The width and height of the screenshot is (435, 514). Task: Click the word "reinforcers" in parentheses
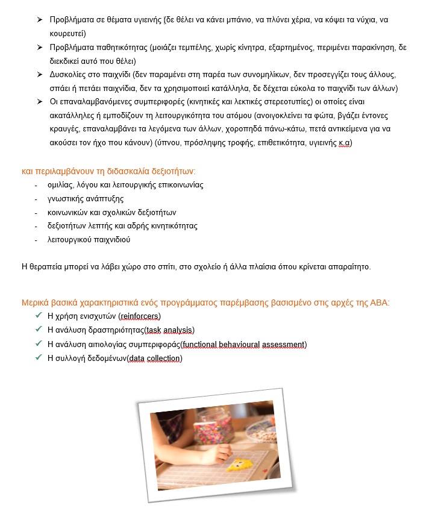[x=140, y=316]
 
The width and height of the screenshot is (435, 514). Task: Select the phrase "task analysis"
[x=169, y=330]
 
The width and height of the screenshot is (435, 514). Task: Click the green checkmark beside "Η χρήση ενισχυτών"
[x=39, y=315]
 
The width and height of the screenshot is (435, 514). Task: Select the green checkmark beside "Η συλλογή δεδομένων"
[x=39, y=358]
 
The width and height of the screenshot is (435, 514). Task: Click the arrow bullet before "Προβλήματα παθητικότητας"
[x=39, y=47]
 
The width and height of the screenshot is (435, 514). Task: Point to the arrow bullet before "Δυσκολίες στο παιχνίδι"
[x=39, y=74]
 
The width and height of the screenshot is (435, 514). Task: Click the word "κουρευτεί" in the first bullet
[x=68, y=33]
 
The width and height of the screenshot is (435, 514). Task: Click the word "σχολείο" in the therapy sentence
[x=204, y=266]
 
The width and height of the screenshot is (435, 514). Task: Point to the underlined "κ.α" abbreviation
[x=345, y=143]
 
